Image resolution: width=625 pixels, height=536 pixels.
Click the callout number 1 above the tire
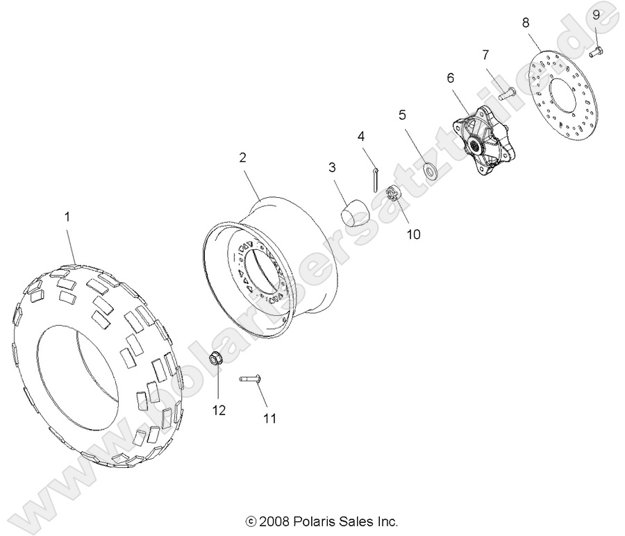pos(67,217)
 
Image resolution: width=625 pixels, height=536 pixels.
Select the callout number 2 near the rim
pos(242,158)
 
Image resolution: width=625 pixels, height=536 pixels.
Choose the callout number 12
pos(219,411)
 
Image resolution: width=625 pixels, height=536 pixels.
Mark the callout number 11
pos(269,418)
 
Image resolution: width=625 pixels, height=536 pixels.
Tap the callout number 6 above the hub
pos(451,78)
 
